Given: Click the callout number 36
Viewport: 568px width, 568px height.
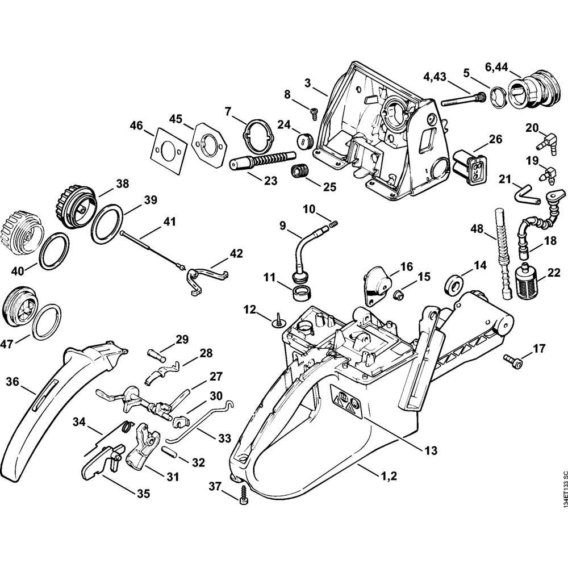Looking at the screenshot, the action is click(12, 382).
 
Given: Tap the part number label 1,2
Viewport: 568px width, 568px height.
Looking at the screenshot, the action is click(389, 475).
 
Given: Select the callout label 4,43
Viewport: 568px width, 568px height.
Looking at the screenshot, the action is click(435, 77).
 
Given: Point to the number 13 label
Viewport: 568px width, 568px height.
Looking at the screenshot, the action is click(431, 450).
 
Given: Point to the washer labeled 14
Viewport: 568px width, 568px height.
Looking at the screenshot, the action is click(453, 285).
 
